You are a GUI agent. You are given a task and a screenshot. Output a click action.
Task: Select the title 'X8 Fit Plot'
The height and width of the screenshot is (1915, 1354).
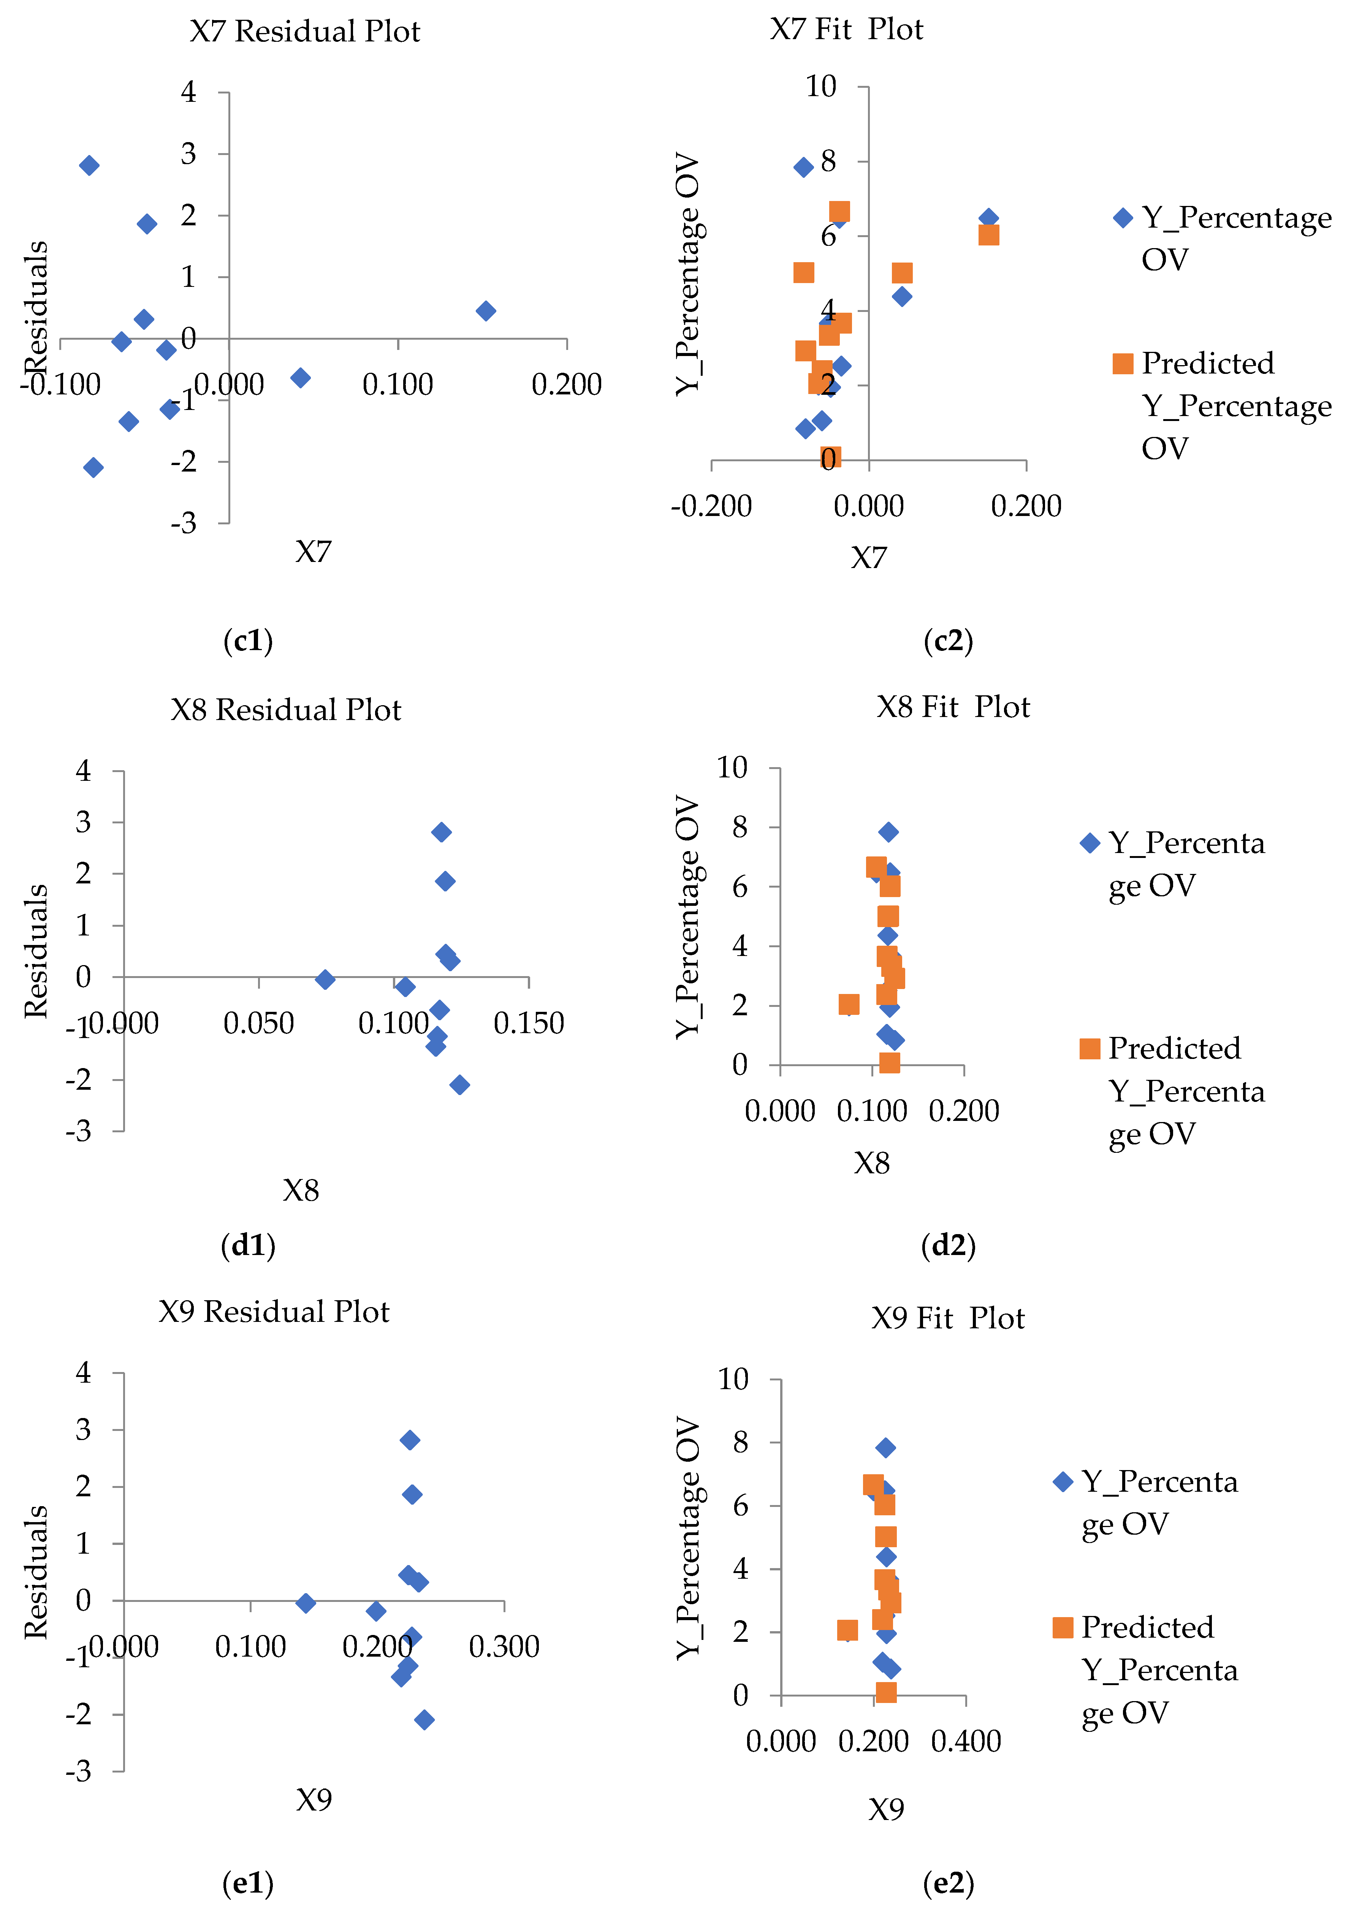click(953, 707)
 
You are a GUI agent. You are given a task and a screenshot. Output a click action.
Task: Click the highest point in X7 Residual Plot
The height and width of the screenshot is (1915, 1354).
click(89, 165)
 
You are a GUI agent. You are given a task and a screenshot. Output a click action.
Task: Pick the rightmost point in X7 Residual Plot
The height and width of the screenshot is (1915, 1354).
click(486, 311)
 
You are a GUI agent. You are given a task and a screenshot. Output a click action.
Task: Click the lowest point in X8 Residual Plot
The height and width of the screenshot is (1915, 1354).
click(459, 1084)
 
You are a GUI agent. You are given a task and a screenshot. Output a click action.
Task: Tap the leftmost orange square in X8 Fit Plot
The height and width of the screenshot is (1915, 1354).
click(849, 1004)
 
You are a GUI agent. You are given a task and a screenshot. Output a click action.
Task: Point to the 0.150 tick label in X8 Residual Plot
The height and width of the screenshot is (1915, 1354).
click(529, 1023)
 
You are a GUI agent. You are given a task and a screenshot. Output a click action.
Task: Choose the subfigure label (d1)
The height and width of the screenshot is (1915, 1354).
click(248, 1245)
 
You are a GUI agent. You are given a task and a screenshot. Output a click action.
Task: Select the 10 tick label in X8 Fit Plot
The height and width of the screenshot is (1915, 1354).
click(732, 768)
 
